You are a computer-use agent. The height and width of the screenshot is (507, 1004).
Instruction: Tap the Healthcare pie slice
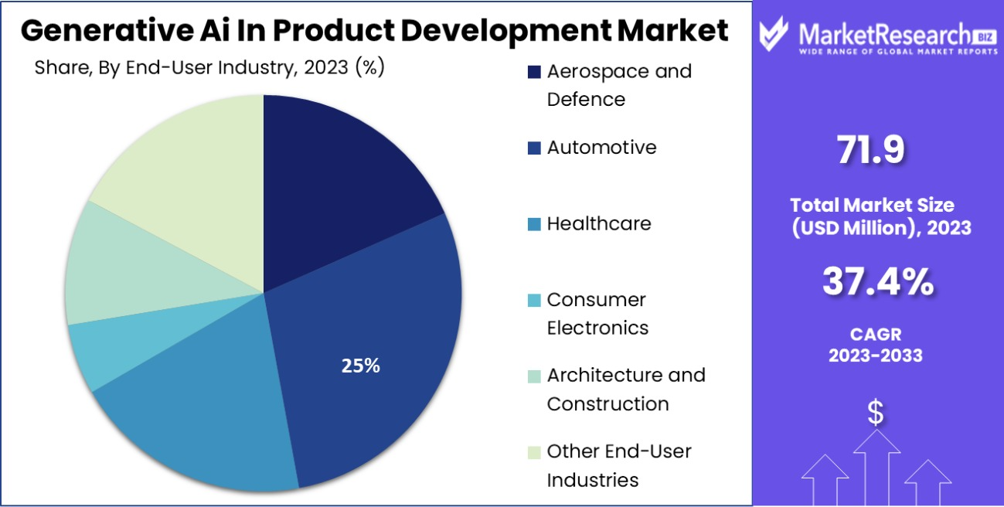(x=209, y=417)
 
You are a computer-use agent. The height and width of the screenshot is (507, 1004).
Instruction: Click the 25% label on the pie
(x=360, y=366)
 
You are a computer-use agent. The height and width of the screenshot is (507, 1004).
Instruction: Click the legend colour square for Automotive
(x=534, y=148)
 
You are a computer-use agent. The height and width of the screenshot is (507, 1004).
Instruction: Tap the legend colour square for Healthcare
(x=534, y=224)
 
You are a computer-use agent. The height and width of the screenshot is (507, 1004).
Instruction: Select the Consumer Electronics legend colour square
(x=534, y=300)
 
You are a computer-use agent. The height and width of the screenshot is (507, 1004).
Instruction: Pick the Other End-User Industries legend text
(x=618, y=464)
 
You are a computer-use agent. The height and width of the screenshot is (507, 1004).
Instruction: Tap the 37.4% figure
(x=877, y=283)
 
